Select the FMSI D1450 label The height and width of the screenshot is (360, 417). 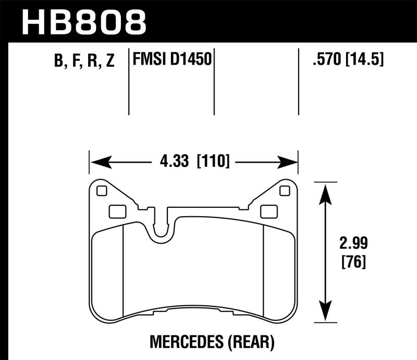(x=172, y=60)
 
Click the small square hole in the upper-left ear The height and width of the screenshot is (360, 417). (x=102, y=191)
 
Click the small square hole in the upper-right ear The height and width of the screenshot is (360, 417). (x=284, y=191)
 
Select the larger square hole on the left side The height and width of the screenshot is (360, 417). (x=116, y=211)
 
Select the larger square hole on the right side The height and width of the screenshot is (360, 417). (x=268, y=211)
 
